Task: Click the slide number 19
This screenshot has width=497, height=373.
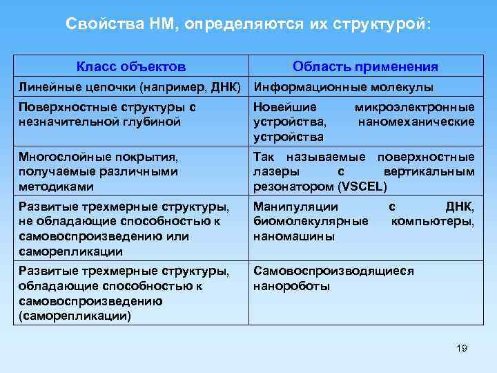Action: pyautogui.click(x=462, y=348)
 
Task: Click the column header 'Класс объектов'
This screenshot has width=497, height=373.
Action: pyautogui.click(x=130, y=67)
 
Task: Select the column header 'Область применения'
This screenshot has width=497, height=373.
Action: pyautogui.click(x=365, y=67)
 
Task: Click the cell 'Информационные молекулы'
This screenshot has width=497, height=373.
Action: pyautogui.click(x=343, y=88)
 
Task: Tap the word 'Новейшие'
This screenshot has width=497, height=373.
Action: pyautogui.click(x=285, y=108)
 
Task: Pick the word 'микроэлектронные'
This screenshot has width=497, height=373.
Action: pyautogui.click(x=414, y=108)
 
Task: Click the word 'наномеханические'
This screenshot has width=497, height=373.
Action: pyautogui.click(x=416, y=122)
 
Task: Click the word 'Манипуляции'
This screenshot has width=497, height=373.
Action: pyautogui.click(x=295, y=207)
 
